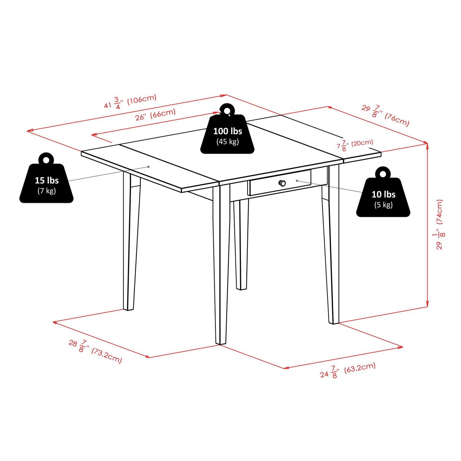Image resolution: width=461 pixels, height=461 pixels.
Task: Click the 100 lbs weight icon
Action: [227, 134]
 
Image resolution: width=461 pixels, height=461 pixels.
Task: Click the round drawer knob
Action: [282, 183]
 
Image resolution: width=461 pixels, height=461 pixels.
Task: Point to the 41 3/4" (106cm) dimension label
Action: [130, 102]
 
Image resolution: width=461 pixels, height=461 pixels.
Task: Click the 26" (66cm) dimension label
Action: [156, 115]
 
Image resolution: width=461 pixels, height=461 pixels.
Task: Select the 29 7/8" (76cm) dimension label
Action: [385, 116]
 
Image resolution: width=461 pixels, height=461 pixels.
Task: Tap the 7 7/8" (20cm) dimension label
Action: [355, 144]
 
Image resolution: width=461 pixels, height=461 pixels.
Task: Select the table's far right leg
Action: [331, 246]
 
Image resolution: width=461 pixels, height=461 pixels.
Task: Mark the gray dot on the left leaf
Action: [148, 167]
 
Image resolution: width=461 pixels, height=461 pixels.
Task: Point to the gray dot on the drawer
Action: [297, 181]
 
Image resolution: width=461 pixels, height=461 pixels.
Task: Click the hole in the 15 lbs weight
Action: [46, 160]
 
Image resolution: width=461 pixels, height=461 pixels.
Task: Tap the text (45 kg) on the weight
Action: [227, 142]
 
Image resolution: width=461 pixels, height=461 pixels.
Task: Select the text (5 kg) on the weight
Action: [383, 205]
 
